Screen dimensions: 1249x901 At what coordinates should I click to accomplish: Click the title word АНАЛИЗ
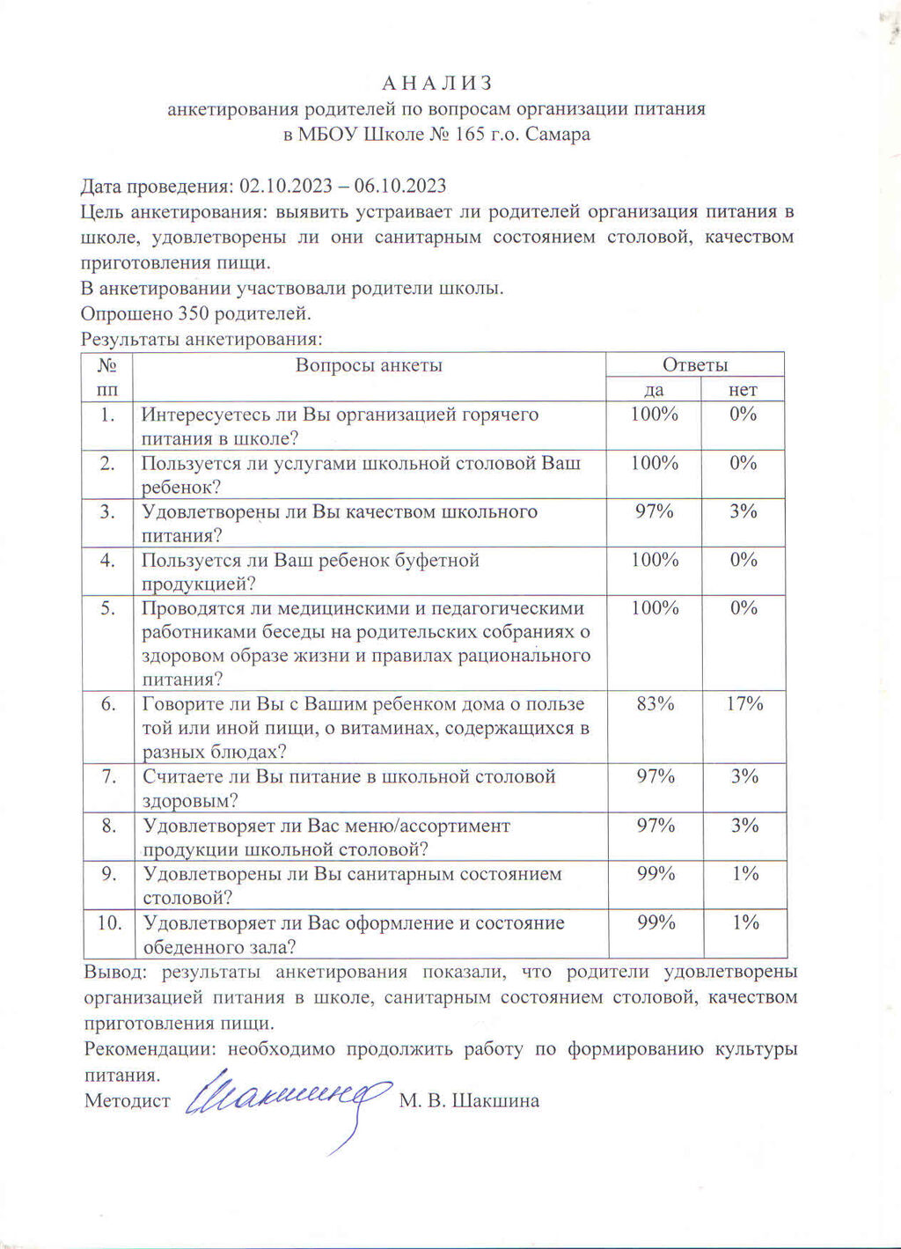[x=437, y=84]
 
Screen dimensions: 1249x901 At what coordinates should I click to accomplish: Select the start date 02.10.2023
[x=285, y=187]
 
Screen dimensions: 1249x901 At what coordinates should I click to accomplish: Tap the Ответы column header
[x=695, y=365]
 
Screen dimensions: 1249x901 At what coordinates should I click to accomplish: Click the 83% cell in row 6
[x=655, y=703]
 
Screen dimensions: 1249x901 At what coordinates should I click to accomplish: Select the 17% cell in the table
[x=744, y=703]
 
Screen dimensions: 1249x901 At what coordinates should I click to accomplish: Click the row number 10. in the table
[x=108, y=922]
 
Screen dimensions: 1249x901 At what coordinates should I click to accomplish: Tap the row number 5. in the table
[x=108, y=608]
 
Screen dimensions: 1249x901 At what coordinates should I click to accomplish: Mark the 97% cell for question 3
[x=655, y=511]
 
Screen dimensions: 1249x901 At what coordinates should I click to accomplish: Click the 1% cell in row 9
[x=744, y=874]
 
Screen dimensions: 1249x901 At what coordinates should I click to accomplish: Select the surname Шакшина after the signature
[x=494, y=1101]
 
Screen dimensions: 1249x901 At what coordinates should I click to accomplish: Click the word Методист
[x=128, y=1101]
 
